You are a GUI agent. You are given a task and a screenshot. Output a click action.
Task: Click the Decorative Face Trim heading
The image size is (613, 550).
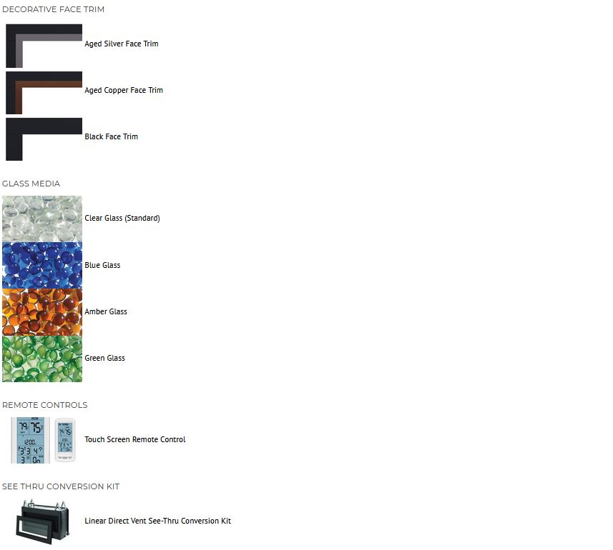coord(53,9)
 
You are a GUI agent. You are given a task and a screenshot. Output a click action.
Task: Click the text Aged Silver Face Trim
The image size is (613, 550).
coord(122,44)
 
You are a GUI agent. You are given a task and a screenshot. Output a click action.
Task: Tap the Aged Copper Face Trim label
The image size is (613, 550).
coord(124,90)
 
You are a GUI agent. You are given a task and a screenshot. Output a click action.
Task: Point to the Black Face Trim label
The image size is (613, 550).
coord(111,136)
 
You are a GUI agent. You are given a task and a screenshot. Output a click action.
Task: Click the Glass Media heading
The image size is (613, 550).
coord(31,184)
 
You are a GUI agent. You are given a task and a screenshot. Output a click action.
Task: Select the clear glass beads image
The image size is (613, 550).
coord(42,219)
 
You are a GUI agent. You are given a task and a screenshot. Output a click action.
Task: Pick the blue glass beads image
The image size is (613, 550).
coord(42,266)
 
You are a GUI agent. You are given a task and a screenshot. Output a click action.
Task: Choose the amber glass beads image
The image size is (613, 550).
coord(42,312)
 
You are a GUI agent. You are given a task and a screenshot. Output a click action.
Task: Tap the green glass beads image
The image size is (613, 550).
coord(42,359)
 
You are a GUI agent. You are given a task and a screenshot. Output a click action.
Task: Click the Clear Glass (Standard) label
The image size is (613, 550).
coord(122,218)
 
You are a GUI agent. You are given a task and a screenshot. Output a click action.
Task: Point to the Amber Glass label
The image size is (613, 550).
coord(106,311)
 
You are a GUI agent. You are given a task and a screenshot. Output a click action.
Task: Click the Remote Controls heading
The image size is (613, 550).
coord(44,405)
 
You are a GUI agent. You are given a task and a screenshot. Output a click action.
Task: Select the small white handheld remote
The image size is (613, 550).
coord(65,440)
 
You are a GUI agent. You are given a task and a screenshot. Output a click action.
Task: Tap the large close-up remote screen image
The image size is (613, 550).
coord(31,440)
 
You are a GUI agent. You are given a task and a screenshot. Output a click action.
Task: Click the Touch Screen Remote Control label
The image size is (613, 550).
coord(135,439)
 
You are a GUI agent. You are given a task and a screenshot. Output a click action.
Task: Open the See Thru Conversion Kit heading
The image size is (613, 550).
coord(61,486)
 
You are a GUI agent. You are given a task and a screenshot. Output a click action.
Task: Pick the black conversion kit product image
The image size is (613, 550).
coord(43,522)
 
